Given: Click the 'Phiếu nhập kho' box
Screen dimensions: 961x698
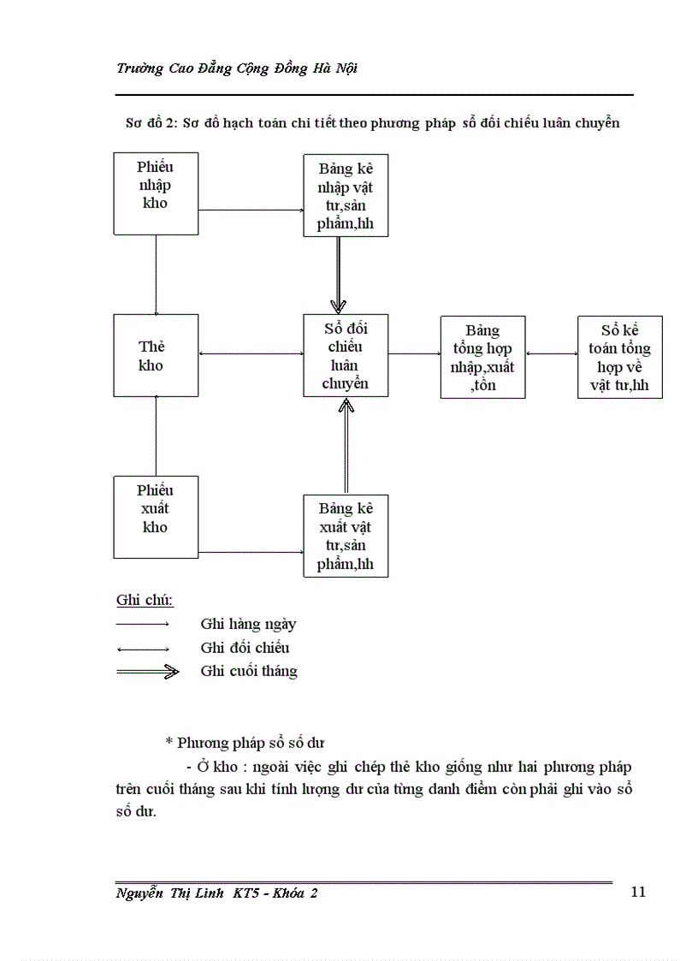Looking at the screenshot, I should (156, 193).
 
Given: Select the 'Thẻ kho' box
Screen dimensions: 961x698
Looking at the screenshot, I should (156, 355).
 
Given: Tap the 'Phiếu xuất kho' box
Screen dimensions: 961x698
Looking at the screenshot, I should (156, 517).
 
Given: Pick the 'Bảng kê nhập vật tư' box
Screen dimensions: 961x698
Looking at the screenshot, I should (346, 195).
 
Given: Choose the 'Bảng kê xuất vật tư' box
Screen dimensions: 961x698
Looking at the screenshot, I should (346, 536).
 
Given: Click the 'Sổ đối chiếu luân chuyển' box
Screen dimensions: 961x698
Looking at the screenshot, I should (346, 355).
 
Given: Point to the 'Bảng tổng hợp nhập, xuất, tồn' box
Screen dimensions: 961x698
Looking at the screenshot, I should (482, 357).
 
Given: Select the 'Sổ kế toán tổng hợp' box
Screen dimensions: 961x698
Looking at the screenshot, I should (619, 357).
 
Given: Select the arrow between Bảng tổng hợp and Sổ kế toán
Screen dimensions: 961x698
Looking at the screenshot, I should (552, 352).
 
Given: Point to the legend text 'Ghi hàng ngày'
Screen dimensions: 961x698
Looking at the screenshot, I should (248, 624).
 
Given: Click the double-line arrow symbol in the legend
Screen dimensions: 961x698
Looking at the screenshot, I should (147, 672).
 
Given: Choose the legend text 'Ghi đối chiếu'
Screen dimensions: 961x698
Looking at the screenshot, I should (245, 648).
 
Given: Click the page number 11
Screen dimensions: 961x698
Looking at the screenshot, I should (638, 892).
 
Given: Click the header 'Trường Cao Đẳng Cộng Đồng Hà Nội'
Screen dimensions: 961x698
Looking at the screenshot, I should (237, 68).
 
